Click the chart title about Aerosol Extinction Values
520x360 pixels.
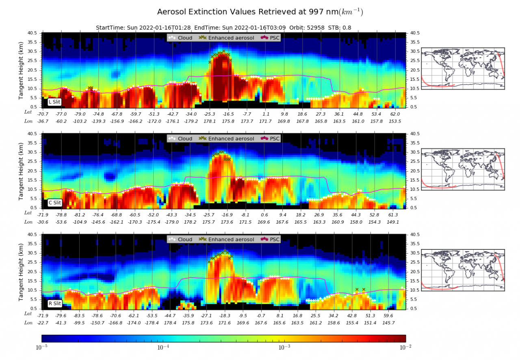260,12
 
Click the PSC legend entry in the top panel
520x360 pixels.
271,38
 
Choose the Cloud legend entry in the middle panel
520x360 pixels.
181,138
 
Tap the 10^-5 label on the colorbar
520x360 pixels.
42,347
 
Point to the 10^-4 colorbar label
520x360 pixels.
163,347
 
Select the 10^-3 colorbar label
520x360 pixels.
284,347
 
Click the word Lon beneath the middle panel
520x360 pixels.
28,222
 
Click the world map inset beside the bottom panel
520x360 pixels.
463,270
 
